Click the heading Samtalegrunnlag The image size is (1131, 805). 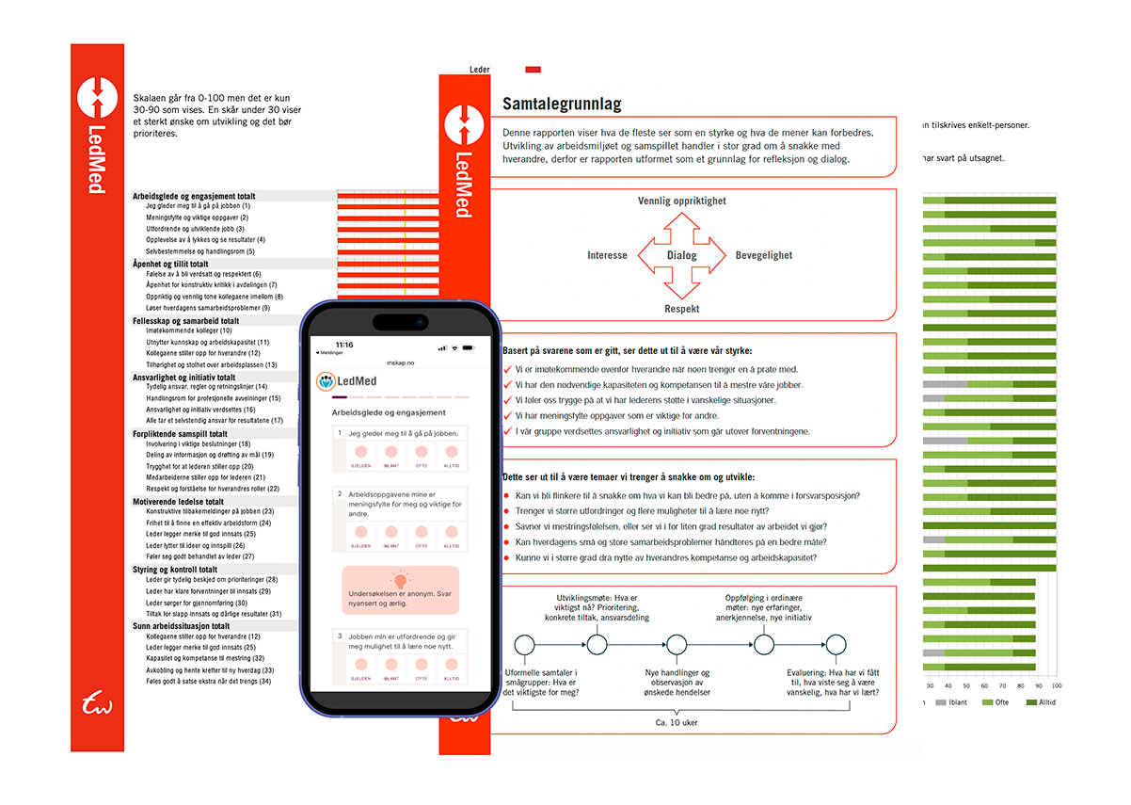point(562,104)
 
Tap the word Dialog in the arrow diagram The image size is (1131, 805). point(681,255)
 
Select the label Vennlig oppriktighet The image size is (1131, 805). point(681,201)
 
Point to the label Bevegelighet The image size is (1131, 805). point(764,255)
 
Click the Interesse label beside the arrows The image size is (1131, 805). point(607,255)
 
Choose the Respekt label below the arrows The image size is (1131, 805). point(681,309)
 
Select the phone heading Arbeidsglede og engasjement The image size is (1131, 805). point(389,412)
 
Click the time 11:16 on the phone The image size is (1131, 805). point(344,346)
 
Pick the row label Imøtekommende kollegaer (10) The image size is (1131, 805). point(188,331)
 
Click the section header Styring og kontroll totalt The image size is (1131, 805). point(175,570)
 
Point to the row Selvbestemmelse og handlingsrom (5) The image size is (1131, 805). point(199,251)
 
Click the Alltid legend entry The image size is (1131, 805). point(1039,702)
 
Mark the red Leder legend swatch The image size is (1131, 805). point(533,70)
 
